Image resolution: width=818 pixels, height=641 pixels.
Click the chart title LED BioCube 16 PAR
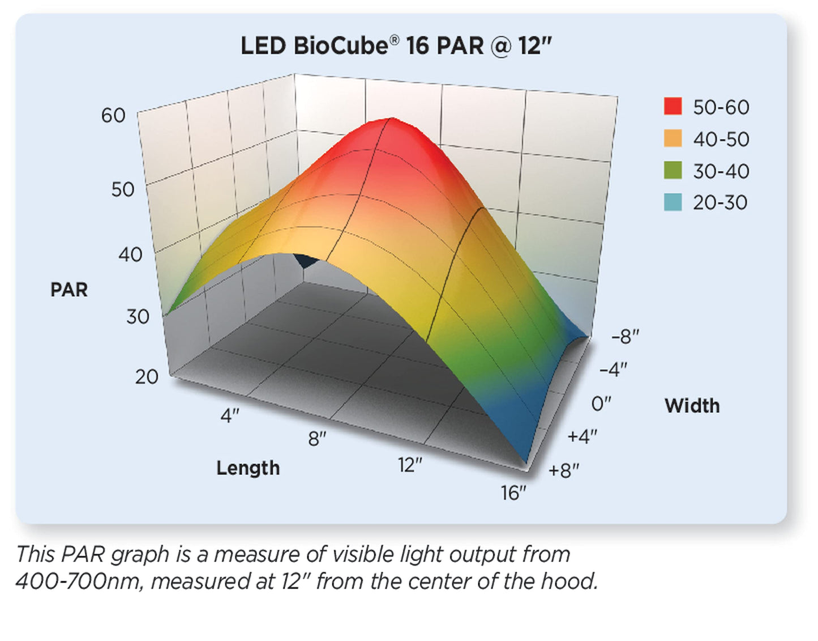pos(396,46)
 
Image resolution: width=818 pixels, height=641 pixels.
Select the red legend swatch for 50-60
pos(673,106)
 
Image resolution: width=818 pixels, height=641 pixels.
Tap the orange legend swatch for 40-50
pos(673,138)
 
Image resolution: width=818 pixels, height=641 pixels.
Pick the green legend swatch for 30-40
pos(673,170)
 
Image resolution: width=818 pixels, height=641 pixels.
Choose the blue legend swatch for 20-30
pos(673,202)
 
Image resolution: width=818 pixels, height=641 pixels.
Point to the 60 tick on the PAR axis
pos(113,116)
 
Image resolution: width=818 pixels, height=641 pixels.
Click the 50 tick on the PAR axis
pos(122,189)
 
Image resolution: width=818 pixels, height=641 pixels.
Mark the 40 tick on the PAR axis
pos(130,254)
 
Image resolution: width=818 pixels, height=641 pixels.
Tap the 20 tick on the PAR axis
pos(147,377)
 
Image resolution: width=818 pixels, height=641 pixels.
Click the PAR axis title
pos(69,290)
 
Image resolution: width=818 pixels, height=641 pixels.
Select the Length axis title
pos(248,468)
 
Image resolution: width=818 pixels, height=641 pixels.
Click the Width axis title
pos(692,406)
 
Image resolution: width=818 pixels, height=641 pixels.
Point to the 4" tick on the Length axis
pos(230,416)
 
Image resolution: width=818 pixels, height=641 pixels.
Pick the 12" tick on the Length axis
pos(410,465)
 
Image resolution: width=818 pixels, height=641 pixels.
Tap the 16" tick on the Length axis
pos(513,493)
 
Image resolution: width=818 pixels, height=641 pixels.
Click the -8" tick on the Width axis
pos(625,337)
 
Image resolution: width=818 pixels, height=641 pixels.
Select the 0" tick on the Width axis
pos(601,404)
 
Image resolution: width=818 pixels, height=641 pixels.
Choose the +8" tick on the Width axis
pos(564,470)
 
